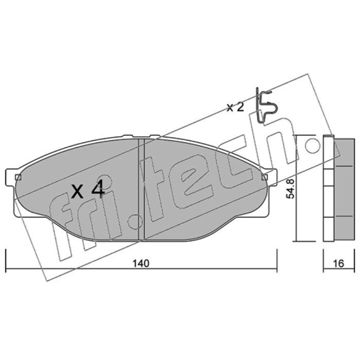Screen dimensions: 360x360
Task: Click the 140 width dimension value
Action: click(x=141, y=263)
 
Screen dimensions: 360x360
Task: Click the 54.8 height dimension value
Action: click(x=290, y=189)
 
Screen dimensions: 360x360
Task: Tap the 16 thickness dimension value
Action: click(x=339, y=264)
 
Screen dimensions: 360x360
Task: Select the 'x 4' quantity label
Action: click(x=88, y=189)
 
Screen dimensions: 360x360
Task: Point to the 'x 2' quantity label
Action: click(x=235, y=108)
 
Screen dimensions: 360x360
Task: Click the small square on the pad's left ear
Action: click(x=18, y=177)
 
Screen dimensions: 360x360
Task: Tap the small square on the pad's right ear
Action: click(x=265, y=177)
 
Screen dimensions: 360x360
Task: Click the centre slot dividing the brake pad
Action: click(x=141, y=189)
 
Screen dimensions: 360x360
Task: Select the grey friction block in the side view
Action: click(x=344, y=189)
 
